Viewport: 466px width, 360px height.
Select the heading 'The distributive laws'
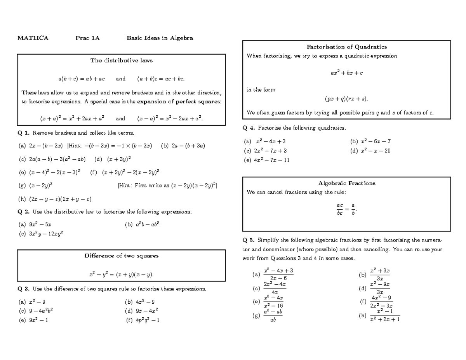(x=122, y=61)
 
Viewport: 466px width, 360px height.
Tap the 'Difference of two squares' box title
(x=122, y=256)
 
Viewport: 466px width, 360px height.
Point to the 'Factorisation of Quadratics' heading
(x=347, y=47)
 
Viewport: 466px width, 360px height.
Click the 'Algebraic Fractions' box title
(x=347, y=183)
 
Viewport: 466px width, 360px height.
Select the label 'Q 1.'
(x=23, y=133)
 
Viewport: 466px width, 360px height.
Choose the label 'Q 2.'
(x=23, y=212)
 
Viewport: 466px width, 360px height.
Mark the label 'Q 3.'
(x=23, y=289)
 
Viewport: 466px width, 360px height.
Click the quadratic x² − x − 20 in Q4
(x=376, y=151)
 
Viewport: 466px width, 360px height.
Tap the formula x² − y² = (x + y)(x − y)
(x=122, y=275)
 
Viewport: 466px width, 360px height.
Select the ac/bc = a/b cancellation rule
(x=346, y=209)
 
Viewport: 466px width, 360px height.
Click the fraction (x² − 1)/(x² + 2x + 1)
(x=385, y=316)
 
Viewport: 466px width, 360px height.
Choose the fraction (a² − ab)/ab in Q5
(x=272, y=316)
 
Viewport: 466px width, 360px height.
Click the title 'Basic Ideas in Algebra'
(x=160, y=38)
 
